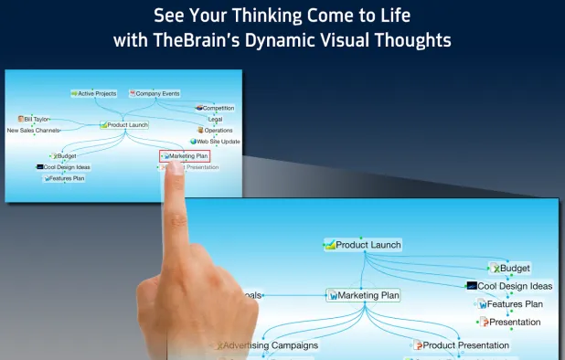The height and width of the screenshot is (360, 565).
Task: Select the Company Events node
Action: tap(155, 93)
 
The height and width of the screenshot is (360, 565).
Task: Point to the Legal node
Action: tap(215, 119)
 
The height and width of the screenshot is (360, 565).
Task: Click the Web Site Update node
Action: tap(216, 142)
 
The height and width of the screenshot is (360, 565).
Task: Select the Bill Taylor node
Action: tap(34, 119)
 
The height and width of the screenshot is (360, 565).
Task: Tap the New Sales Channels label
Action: tap(34, 131)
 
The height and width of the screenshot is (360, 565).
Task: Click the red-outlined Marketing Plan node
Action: tap(185, 156)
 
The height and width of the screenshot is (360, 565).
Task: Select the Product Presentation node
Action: tap(462, 345)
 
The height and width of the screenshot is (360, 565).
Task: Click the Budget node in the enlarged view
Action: tap(511, 268)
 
